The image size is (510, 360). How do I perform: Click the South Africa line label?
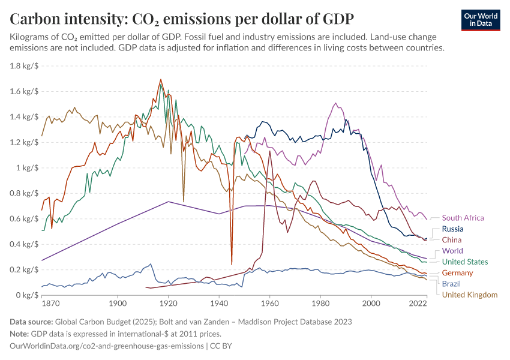(x=463, y=218)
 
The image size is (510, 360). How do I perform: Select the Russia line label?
(x=454, y=229)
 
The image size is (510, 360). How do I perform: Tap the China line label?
(x=452, y=240)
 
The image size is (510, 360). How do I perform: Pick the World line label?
(x=452, y=251)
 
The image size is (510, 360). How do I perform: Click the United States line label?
(x=464, y=262)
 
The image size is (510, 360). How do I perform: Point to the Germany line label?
(x=457, y=273)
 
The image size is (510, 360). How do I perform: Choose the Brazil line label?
(x=452, y=284)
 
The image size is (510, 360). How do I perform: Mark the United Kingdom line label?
(x=470, y=295)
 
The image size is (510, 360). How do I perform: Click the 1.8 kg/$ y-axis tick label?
(x=25, y=66)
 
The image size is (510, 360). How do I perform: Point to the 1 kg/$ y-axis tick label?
(x=27, y=168)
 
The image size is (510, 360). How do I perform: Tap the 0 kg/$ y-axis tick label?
(x=27, y=295)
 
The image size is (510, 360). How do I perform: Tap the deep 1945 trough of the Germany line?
(x=232, y=263)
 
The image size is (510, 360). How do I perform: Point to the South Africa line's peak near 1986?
(x=335, y=103)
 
